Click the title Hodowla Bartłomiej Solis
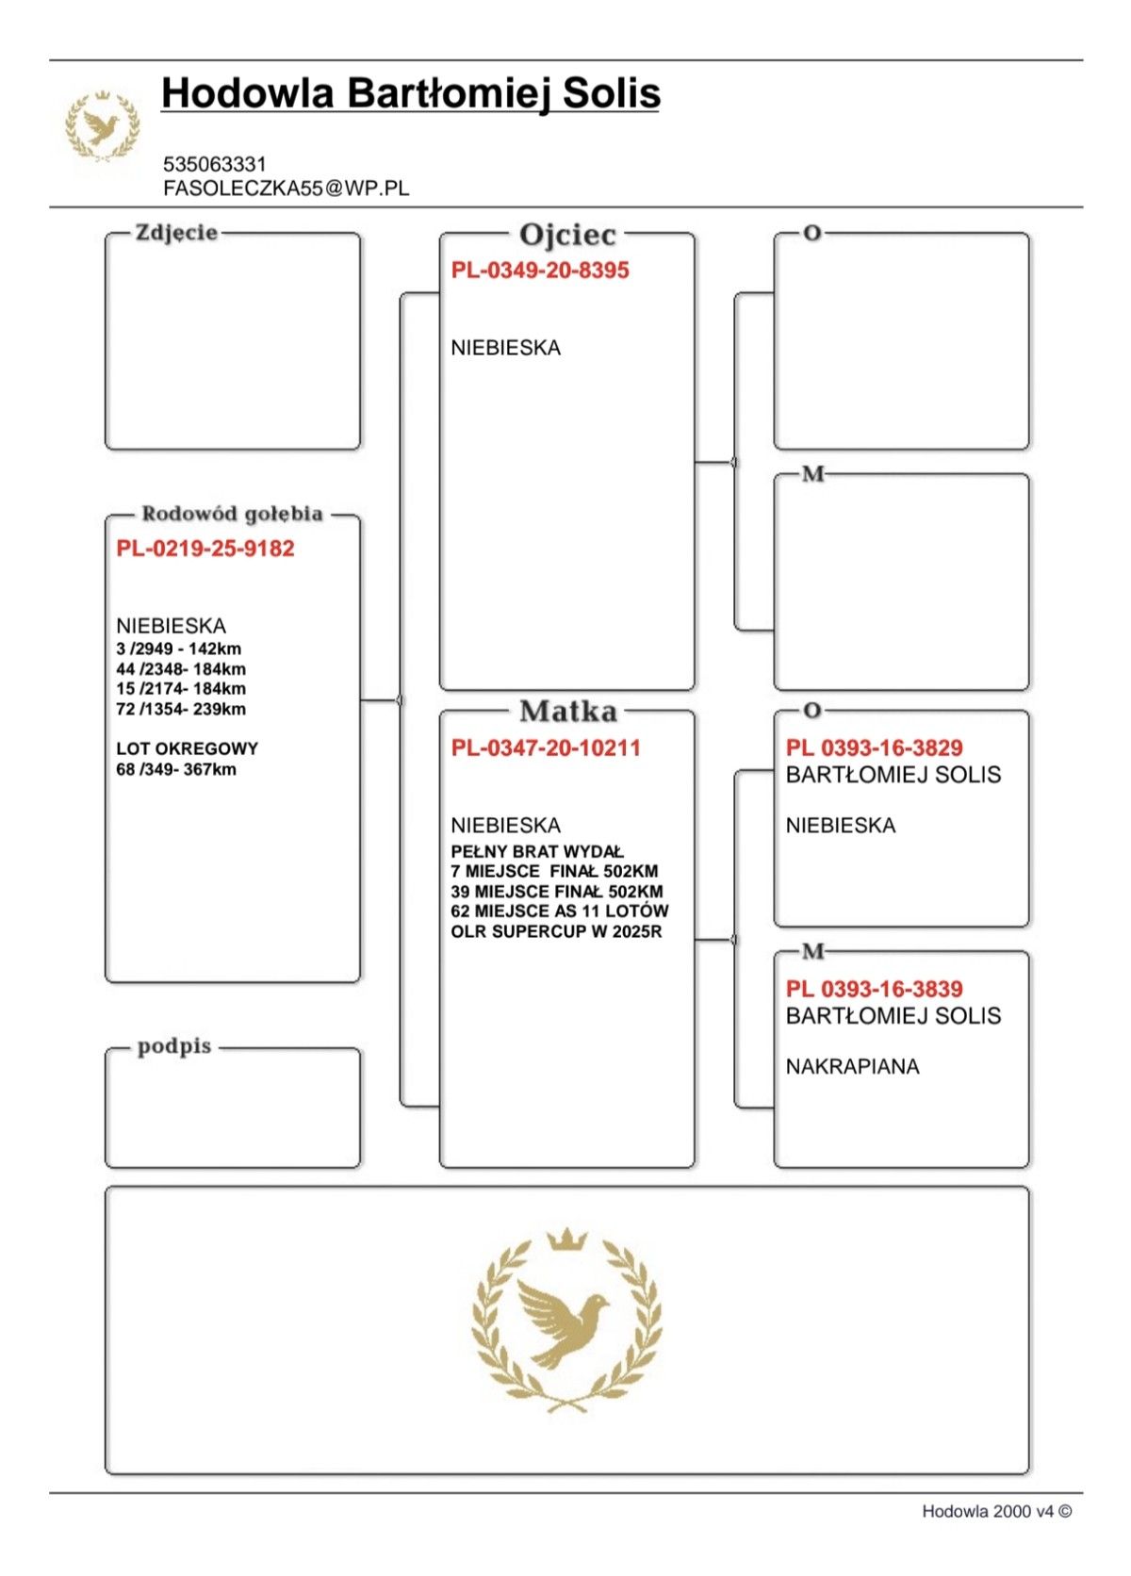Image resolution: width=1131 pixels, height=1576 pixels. click(410, 94)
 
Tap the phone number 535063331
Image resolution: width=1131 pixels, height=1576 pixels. click(215, 164)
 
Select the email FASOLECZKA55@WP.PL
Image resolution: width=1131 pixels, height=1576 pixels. click(286, 189)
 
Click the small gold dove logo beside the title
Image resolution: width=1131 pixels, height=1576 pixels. click(102, 125)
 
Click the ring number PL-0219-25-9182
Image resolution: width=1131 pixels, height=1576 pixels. click(205, 549)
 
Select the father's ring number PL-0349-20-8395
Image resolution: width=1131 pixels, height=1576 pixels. click(540, 271)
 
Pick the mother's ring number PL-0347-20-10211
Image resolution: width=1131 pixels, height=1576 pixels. click(546, 748)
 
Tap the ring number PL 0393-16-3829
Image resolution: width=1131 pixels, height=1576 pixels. click(874, 748)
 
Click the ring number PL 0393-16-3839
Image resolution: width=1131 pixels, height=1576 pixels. click(874, 990)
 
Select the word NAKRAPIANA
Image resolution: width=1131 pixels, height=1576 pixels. click(852, 1067)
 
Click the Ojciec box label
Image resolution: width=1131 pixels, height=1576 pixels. click(567, 235)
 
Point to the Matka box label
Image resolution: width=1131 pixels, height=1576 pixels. click(567, 712)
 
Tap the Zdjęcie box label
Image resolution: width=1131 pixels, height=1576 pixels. click(176, 233)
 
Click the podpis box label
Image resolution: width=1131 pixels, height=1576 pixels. click(174, 1047)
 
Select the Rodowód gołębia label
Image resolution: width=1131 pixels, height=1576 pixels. click(232, 514)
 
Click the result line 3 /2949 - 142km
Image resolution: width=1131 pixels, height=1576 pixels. click(178, 649)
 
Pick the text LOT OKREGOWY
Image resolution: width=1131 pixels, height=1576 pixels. click(187, 749)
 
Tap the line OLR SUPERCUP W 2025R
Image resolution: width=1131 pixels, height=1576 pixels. click(556, 932)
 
